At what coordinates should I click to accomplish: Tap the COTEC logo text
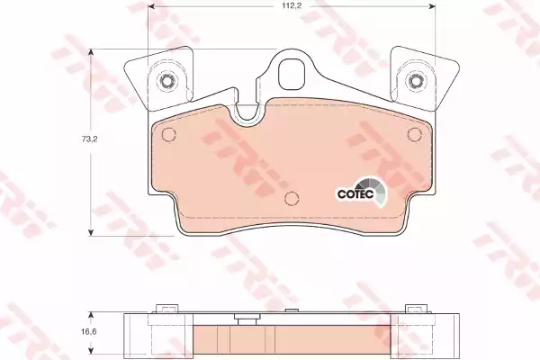tap(355, 194)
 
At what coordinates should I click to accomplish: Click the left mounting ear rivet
tap(167, 81)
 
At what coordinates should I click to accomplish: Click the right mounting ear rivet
tap(415, 81)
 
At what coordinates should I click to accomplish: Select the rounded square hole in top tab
tap(292, 75)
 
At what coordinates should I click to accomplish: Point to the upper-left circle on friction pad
tap(169, 134)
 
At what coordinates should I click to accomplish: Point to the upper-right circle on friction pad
tap(414, 134)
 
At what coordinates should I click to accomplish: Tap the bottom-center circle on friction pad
tap(292, 198)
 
